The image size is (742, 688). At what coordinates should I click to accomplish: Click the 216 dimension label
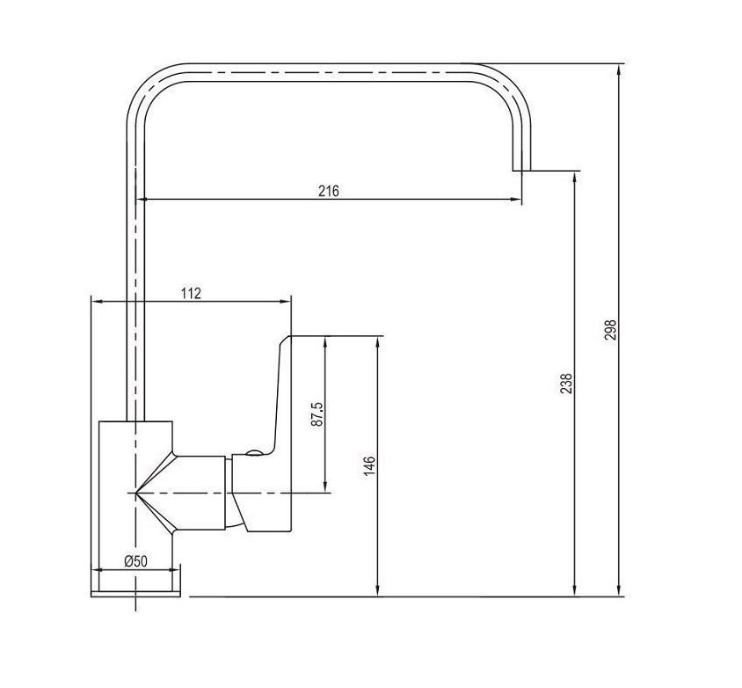pos(329,191)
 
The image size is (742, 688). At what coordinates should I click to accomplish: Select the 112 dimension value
pos(191,293)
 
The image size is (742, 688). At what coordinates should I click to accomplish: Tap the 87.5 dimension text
pos(317,414)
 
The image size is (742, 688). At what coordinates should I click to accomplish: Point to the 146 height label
pos(369,465)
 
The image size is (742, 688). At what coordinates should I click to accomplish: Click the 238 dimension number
pos(566,384)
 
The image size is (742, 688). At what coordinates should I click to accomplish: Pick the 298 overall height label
pos(611,330)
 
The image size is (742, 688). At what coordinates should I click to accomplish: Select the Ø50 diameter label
pos(136,561)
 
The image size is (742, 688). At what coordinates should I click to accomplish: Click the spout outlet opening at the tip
pos(522,170)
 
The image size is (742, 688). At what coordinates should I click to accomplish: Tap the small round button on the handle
pos(254,453)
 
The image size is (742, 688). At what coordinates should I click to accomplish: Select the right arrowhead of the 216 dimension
pos(516,200)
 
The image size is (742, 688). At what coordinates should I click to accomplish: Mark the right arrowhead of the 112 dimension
pos(285,301)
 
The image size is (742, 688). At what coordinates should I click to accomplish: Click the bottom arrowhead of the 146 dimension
pos(378,590)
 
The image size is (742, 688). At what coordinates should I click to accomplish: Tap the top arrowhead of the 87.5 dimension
pos(325,342)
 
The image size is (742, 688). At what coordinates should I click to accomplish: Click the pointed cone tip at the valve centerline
pos(136,494)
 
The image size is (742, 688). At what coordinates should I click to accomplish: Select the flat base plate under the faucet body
pos(135,594)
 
